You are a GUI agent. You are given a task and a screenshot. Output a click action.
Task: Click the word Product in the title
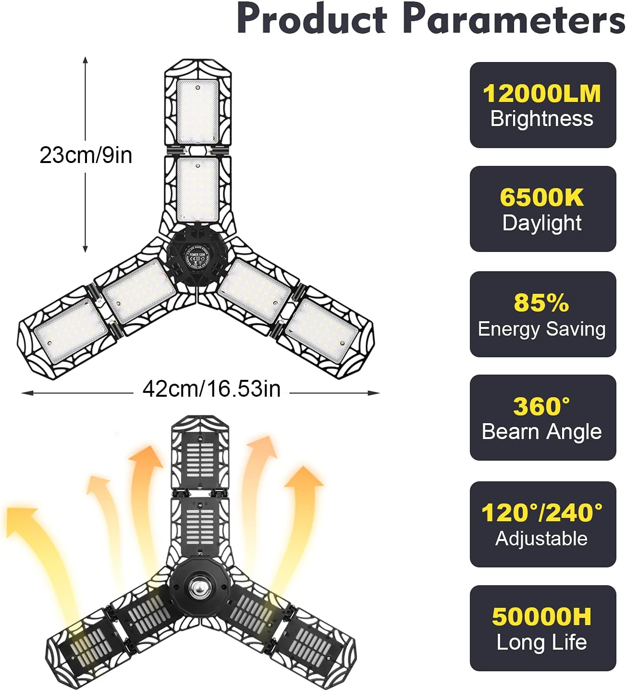point(312,19)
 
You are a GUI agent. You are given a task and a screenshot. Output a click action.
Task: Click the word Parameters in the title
point(514,19)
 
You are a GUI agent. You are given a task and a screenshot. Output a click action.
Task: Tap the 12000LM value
point(542,94)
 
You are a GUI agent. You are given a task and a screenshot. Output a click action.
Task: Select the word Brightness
point(542,119)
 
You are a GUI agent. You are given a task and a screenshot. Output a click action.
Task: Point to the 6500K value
point(542,198)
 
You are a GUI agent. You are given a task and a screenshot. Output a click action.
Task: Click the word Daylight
point(542,223)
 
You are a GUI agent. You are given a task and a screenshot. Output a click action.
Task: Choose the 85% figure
point(541,303)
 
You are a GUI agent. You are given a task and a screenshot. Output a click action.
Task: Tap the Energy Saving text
point(542,329)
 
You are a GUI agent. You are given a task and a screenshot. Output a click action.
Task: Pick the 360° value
point(541,407)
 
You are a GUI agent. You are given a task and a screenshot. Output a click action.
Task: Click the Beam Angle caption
point(542,432)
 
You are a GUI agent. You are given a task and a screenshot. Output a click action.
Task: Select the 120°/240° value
point(542,513)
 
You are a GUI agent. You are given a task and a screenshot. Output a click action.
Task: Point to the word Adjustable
point(541,539)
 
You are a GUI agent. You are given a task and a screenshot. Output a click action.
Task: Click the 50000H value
point(542,617)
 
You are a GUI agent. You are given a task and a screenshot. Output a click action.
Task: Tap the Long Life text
point(542,642)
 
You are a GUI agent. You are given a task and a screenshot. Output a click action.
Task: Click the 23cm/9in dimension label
point(86,155)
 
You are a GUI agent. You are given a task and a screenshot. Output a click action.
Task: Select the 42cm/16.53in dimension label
point(211,389)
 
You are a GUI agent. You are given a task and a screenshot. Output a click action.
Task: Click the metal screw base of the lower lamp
point(198,588)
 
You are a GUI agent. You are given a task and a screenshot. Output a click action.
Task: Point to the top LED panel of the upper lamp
point(197,112)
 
